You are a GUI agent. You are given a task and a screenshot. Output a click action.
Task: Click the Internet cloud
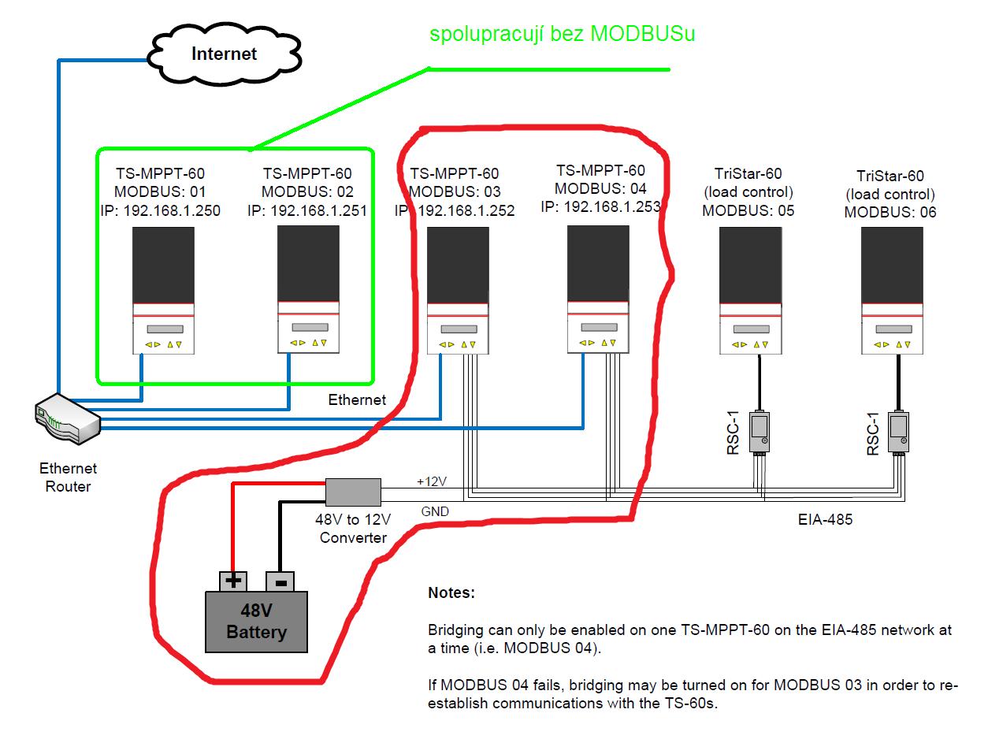click(x=225, y=54)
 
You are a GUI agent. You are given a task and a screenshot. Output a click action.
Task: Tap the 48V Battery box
click(x=256, y=622)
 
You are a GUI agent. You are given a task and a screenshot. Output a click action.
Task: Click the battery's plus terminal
click(x=233, y=581)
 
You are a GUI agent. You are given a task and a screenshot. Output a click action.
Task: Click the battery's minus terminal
click(x=280, y=581)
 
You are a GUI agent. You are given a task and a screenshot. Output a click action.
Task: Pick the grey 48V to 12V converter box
click(x=353, y=492)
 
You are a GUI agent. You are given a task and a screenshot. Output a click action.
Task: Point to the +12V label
click(x=432, y=481)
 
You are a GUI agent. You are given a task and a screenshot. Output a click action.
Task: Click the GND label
click(x=435, y=511)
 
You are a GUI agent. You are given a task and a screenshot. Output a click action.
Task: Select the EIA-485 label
click(x=825, y=519)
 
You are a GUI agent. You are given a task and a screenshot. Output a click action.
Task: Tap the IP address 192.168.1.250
click(x=160, y=210)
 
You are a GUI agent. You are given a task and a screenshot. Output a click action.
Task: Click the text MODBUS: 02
click(x=307, y=191)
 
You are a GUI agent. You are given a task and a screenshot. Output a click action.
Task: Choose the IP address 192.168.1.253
click(x=600, y=206)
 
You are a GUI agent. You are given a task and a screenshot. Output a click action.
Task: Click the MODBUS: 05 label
click(x=748, y=210)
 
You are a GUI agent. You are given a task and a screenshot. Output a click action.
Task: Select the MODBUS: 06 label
click(x=890, y=212)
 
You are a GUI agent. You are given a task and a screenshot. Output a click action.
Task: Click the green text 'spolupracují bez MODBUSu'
click(x=562, y=34)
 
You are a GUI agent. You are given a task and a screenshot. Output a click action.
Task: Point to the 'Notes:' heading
click(x=451, y=592)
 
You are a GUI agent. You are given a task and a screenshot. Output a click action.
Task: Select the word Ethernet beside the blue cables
click(x=357, y=400)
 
